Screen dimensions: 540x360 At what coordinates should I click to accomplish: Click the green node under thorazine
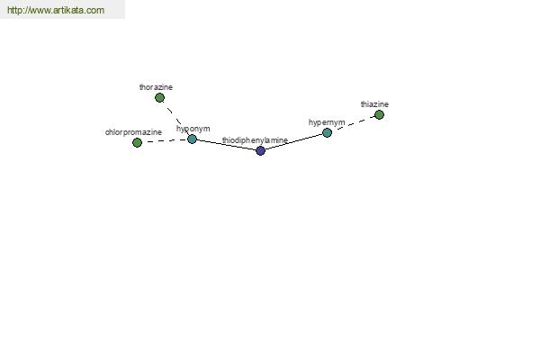coord(159,98)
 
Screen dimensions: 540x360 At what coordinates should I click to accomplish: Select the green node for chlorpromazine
coord(137,142)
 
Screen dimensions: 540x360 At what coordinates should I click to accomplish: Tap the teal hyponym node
coord(193,139)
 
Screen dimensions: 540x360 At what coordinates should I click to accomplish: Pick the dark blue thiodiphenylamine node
coord(261,150)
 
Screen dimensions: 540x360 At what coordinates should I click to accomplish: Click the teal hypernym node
coord(327,132)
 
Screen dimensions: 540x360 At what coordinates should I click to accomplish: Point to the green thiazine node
coord(379,114)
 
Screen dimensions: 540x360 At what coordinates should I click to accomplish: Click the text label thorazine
coord(156,87)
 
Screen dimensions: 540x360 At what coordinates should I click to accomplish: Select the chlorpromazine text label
coord(133,132)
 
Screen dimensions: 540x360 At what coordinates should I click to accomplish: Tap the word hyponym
coord(193,129)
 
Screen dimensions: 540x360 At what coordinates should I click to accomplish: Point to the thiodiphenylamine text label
coord(255,140)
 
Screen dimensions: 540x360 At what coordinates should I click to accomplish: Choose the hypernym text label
coord(327,122)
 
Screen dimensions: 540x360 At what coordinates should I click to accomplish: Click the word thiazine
coord(374,104)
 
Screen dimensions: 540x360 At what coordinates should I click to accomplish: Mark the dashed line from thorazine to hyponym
coord(175,119)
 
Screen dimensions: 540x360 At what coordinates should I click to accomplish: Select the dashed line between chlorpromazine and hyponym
coord(165,141)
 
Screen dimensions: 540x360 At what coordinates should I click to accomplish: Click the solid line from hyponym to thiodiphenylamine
coord(226,145)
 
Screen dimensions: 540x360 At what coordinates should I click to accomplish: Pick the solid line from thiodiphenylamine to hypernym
coord(293,141)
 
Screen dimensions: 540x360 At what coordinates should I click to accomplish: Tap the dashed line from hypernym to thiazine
coord(353,123)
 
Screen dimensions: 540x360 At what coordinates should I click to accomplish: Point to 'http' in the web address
coord(13,10)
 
